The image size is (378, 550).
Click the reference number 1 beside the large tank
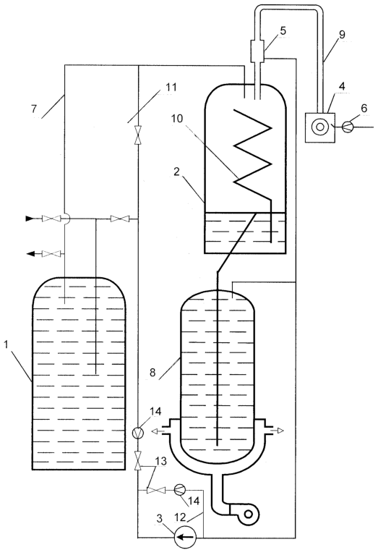[x=7, y=345]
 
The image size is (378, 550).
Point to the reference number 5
[x=283, y=31]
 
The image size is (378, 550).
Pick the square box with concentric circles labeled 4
[x=320, y=127]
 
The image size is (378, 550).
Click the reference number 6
[x=364, y=109]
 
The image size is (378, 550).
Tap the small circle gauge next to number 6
[x=348, y=126]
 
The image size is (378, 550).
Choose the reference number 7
[x=34, y=109]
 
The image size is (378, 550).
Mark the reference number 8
[x=153, y=372]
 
